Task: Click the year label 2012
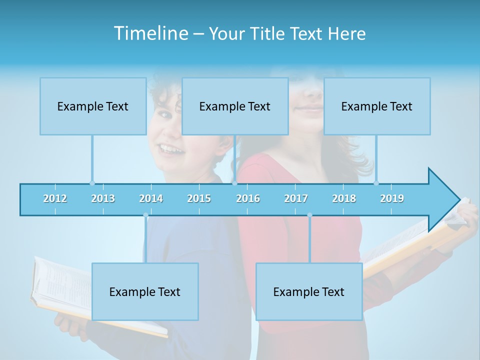pos(55,198)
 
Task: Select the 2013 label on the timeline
pos(103,198)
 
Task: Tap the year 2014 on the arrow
pos(151,198)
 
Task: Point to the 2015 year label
pos(199,198)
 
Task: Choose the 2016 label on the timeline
pos(248,198)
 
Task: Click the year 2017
pos(296,198)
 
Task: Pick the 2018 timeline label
pos(344,198)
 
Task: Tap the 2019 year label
pos(392,198)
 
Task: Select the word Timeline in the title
pos(150,33)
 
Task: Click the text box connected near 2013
pos(93,106)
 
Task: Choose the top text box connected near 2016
pos(235,106)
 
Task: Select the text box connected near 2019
pos(377,106)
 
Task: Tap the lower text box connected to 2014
pos(145,291)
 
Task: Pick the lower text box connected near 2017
pos(309,291)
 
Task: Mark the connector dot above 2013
pos(92,183)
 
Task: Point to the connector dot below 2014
pos(145,215)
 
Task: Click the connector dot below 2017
pos(309,215)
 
